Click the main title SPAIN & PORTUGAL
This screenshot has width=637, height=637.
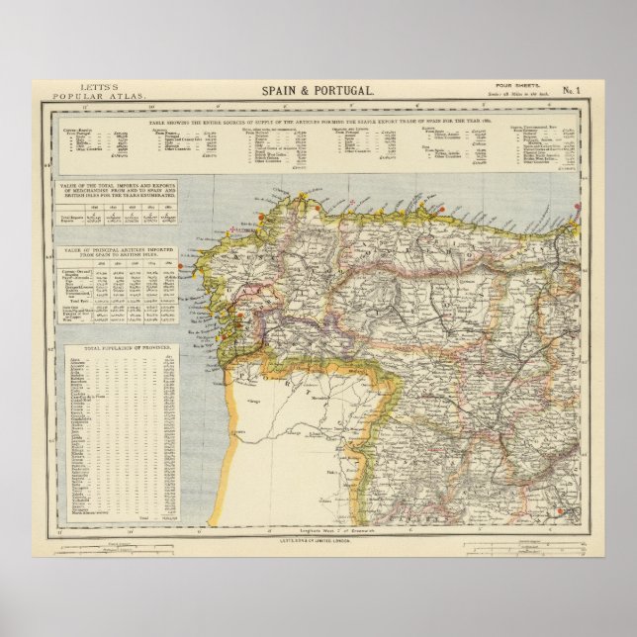(318, 90)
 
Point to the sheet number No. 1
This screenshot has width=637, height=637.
(573, 92)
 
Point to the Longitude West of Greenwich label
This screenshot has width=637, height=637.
(317, 532)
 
